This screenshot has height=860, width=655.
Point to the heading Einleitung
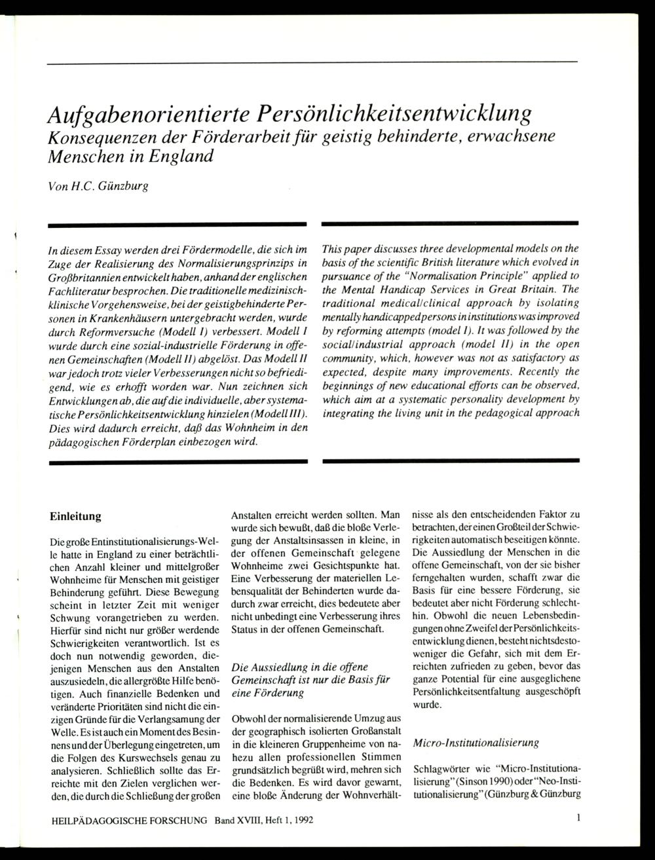(75, 516)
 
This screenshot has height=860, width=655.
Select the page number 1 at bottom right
(579, 818)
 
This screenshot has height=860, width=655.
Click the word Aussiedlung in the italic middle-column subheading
(276, 667)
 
